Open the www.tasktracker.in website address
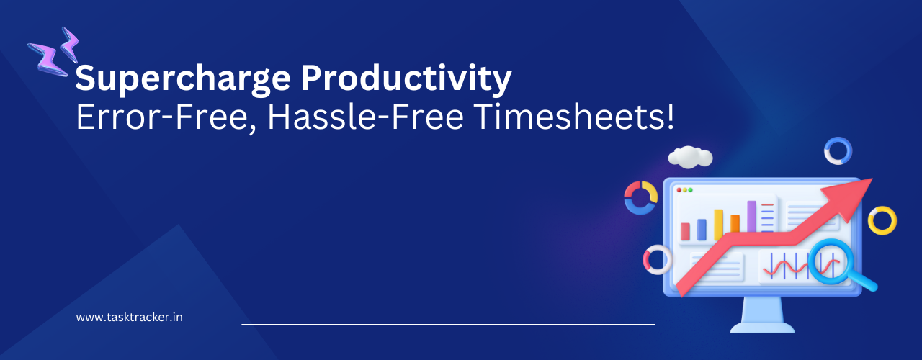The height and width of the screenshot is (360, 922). pyautogui.click(x=129, y=317)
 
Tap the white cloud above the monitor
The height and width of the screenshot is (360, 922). pyautogui.click(x=689, y=156)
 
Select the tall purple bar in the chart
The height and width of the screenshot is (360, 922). pyautogui.click(x=751, y=216)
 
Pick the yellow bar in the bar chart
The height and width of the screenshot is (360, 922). pyautogui.click(x=718, y=224)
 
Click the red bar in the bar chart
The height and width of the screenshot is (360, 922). pyautogui.click(x=685, y=231)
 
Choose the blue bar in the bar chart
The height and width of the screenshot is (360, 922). pyautogui.click(x=702, y=229)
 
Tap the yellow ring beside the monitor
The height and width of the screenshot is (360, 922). pyautogui.click(x=882, y=220)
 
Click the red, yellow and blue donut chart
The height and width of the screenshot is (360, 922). pyautogui.click(x=640, y=197)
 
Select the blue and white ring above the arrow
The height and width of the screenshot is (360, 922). pyautogui.click(x=838, y=151)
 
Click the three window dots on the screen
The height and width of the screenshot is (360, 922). pyautogui.click(x=684, y=190)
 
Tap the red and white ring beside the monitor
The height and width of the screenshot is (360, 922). pyautogui.click(x=657, y=260)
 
